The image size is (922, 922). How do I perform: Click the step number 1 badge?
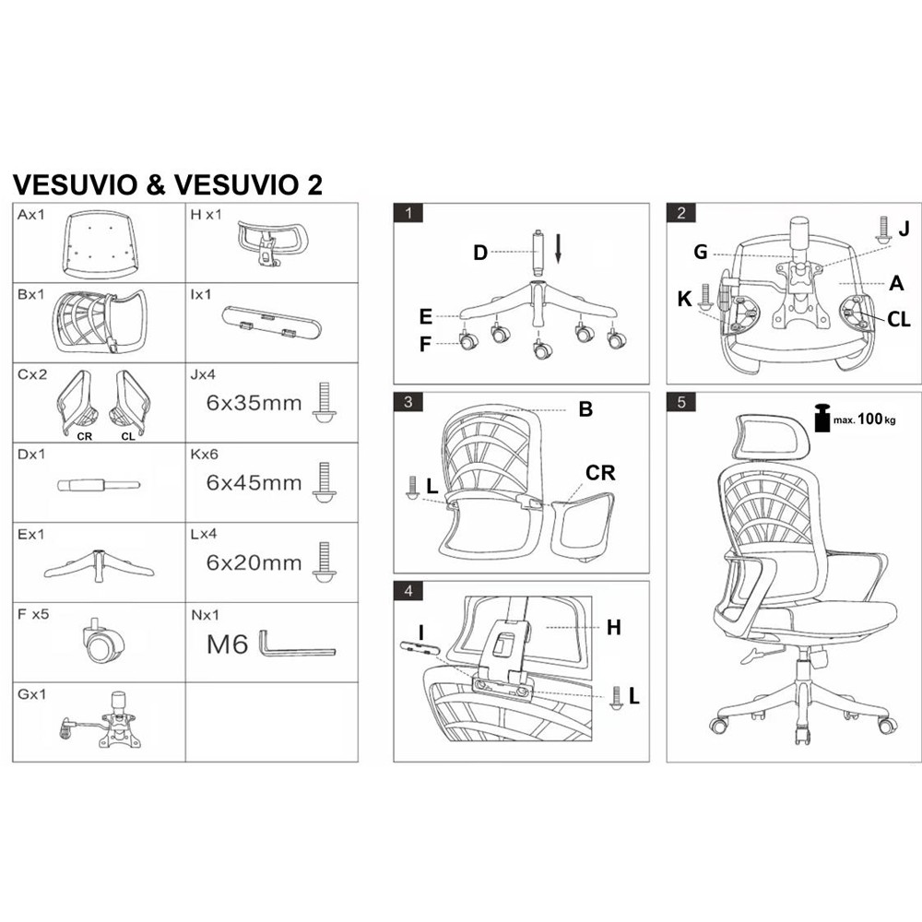408,212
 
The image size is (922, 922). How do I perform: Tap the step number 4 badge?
408,590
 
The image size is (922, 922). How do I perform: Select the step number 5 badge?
681,402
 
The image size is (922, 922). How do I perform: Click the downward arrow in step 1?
558,247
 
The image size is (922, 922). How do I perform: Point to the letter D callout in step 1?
480,253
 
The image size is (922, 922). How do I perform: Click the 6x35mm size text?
254,404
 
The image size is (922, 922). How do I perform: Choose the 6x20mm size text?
254,562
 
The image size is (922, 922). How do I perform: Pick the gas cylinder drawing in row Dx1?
99,485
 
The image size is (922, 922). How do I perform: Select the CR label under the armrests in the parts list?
84,436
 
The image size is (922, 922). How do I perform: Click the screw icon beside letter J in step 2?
882,230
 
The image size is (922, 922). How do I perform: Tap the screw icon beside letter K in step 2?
705,296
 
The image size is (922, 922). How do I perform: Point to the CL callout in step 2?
898,320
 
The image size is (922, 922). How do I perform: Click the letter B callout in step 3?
585,409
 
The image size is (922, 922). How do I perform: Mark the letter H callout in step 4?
614,627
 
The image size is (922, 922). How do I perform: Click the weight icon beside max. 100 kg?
822,419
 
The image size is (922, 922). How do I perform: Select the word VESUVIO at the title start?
75,184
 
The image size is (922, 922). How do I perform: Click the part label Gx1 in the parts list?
31,694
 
